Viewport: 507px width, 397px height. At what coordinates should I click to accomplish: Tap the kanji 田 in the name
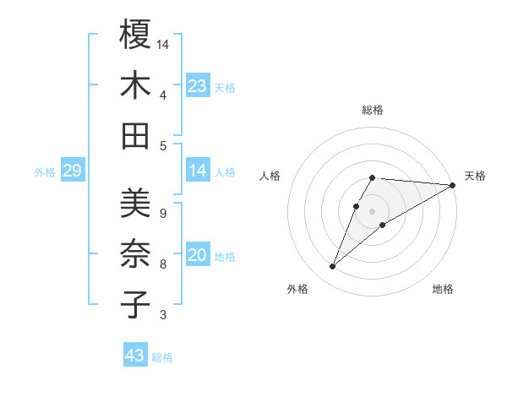(x=135, y=135)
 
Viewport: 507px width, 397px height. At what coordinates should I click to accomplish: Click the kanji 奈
(x=135, y=253)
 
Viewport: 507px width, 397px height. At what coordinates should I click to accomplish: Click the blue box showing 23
(x=198, y=86)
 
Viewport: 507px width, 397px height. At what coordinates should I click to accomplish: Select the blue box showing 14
(x=198, y=171)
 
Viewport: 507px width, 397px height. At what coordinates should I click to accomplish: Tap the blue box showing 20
(x=198, y=255)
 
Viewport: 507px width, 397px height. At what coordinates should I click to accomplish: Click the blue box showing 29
(x=72, y=171)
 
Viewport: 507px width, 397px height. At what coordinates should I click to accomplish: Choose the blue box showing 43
(x=135, y=356)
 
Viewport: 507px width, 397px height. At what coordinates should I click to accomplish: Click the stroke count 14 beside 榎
(x=163, y=44)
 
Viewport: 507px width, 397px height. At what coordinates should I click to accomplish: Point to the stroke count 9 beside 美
(x=162, y=213)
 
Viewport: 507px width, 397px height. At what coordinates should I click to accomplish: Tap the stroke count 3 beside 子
(x=162, y=315)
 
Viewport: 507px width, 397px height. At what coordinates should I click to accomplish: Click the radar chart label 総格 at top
(x=373, y=110)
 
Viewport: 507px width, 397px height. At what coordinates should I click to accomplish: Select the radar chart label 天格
(x=475, y=176)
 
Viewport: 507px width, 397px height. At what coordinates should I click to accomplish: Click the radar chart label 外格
(x=297, y=290)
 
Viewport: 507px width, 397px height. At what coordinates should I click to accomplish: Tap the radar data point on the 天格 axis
(x=453, y=185)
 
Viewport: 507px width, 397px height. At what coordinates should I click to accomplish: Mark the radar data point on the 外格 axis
(x=333, y=267)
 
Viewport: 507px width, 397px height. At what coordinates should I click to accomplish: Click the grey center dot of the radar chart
(x=373, y=211)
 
